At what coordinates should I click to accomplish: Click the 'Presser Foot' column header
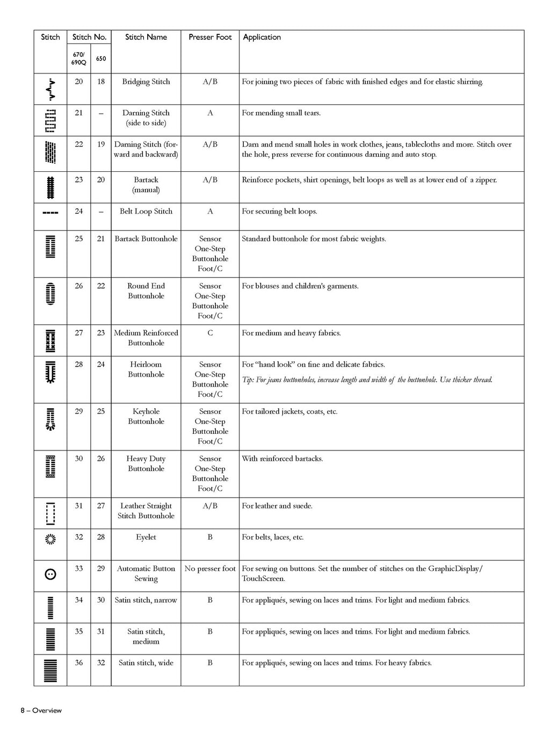tap(210, 37)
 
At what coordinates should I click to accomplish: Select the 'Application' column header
tap(262, 37)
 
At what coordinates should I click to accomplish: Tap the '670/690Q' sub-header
tap(78, 59)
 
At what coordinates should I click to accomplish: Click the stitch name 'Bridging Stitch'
tap(146, 82)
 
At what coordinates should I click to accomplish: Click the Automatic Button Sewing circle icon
tap(50, 574)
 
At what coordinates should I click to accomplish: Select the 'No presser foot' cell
tap(210, 569)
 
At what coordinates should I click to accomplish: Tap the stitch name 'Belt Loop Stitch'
tap(146, 211)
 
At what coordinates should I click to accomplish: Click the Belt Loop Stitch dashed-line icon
tap(50, 212)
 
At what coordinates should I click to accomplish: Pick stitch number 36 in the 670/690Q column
tap(79, 663)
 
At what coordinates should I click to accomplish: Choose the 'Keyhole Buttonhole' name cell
tap(146, 416)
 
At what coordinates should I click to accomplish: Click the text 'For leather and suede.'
tap(277, 506)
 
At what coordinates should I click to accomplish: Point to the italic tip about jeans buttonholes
tap(367, 380)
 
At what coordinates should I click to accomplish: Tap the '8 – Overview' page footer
tap(41, 710)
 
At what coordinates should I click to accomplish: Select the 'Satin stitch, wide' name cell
tap(146, 663)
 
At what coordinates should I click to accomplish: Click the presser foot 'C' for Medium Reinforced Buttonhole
tap(210, 333)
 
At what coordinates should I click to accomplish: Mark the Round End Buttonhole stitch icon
tap(50, 294)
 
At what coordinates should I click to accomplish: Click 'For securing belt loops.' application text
tap(279, 211)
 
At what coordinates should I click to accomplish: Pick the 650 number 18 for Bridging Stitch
tap(101, 82)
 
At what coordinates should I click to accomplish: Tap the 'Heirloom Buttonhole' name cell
tap(146, 369)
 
